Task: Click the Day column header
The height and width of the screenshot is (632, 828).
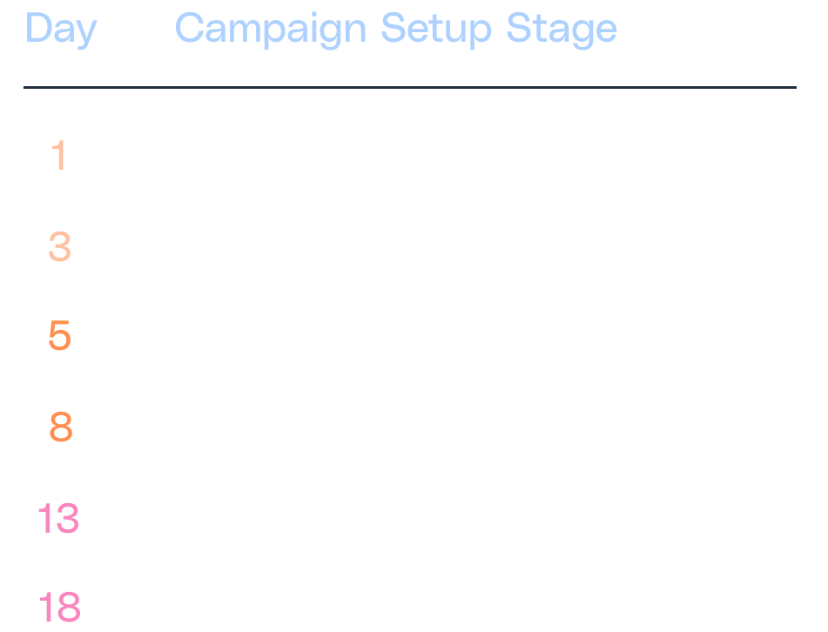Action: pos(60,30)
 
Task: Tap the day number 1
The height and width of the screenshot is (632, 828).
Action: pos(59,157)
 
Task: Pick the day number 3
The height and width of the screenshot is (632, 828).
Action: pos(59,247)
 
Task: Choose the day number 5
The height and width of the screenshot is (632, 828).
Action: pos(59,337)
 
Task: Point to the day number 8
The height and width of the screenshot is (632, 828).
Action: pos(60,427)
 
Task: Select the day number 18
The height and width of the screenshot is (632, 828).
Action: pos(58,608)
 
